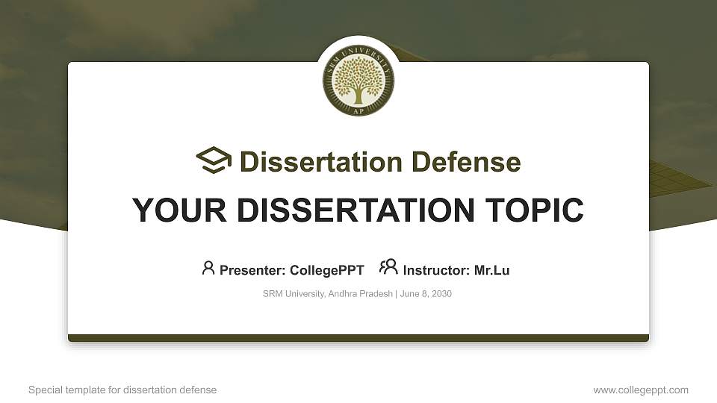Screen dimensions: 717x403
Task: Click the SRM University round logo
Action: [x=358, y=81]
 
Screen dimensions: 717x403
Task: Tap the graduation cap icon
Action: [x=214, y=160]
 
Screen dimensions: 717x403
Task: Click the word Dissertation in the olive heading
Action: [x=321, y=162]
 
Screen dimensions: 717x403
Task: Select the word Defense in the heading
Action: [x=466, y=162]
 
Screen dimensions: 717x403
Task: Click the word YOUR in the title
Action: [x=179, y=210]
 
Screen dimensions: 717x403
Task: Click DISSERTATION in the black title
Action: [x=356, y=210]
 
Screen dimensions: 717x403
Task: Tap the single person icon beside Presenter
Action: [x=208, y=268]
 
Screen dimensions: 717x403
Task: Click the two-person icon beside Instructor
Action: [x=388, y=267]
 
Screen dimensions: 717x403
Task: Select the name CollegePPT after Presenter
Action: [x=327, y=270]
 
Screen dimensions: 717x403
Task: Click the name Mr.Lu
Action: [x=491, y=270]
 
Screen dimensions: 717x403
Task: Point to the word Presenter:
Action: [x=252, y=270]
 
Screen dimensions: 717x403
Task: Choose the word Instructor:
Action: [x=436, y=270]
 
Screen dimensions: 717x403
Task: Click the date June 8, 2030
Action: [x=426, y=294]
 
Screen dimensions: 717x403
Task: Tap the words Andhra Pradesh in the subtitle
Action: [x=360, y=294]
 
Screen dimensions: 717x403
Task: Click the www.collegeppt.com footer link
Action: [x=641, y=390]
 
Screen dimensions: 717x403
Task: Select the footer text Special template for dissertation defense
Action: [x=122, y=390]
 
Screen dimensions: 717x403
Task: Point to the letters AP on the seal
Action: [x=359, y=111]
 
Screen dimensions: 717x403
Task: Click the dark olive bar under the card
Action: [x=358, y=338]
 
